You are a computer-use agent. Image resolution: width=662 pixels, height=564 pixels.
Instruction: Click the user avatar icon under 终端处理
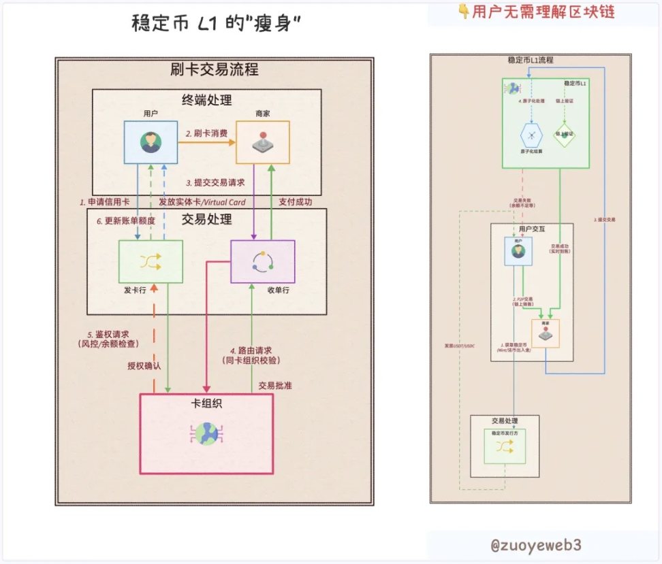coord(151,142)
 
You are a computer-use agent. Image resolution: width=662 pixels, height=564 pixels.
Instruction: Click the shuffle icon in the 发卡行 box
coord(151,261)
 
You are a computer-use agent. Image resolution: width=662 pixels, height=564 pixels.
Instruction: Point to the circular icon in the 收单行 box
coord(262,261)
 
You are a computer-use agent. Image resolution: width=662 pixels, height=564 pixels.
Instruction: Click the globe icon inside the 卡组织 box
coord(206,433)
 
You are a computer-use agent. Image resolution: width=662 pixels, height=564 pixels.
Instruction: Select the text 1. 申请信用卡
coord(104,202)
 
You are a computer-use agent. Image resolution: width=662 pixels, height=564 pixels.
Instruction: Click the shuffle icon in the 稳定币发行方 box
coord(505,446)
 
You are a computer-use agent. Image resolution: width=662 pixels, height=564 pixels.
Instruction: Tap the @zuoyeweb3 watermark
coord(536,545)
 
